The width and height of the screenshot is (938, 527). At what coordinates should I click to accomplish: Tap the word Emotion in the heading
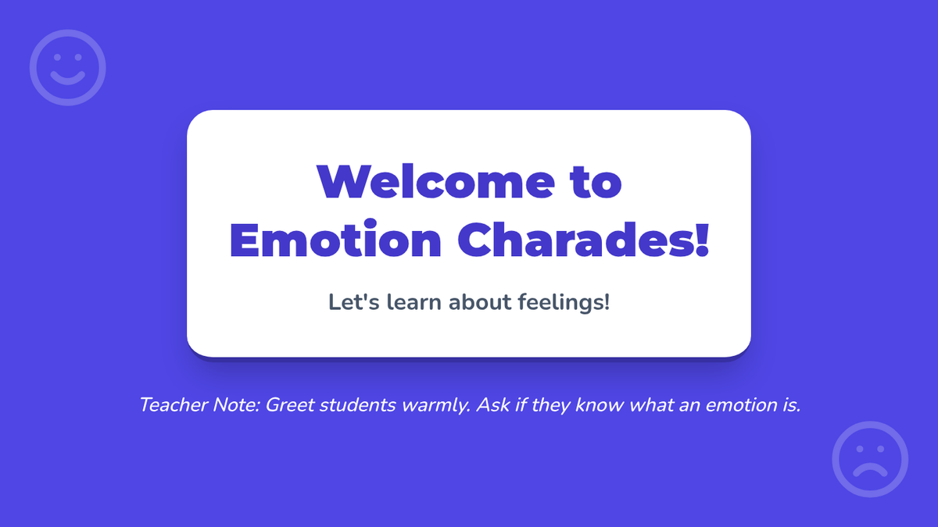(x=335, y=240)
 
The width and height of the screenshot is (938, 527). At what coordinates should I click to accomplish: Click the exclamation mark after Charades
(x=702, y=240)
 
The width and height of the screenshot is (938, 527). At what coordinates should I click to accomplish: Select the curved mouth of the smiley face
(x=68, y=80)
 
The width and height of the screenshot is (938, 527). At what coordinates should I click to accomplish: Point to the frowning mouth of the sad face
(x=870, y=469)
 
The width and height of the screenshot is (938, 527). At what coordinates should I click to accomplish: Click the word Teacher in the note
(x=174, y=405)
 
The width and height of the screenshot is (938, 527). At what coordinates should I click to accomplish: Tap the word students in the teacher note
(x=357, y=405)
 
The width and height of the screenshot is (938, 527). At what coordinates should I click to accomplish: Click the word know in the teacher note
(x=600, y=405)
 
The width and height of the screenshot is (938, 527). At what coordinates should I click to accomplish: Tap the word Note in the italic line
(x=237, y=405)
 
